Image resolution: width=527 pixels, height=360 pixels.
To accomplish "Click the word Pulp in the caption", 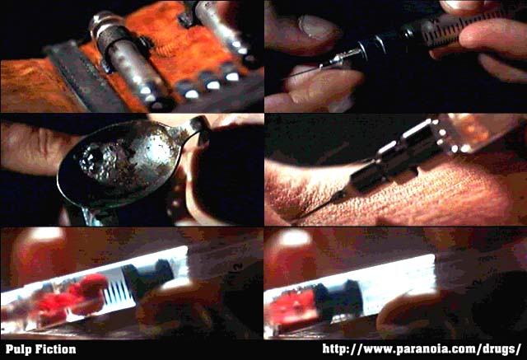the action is [x=17, y=349].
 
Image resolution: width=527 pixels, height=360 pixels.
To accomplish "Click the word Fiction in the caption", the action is [x=54, y=349].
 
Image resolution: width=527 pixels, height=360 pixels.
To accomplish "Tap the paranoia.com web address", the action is [x=422, y=349].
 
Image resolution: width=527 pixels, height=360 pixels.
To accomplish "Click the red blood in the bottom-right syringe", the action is [x=291, y=306].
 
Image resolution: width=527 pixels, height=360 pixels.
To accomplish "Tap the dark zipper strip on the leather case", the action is [x=84, y=77].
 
